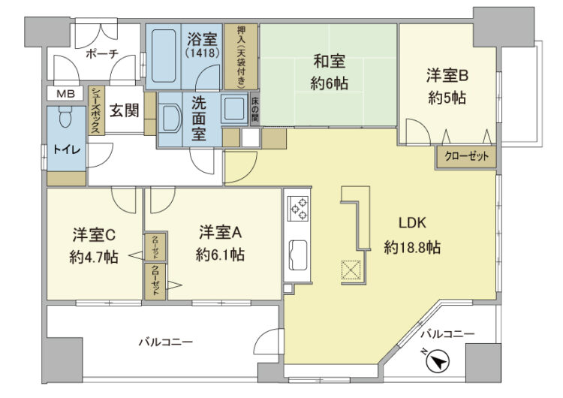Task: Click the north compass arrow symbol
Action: (x=438, y=363)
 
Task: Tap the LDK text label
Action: (x=412, y=223)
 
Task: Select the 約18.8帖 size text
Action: (x=412, y=246)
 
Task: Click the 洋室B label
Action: (x=448, y=75)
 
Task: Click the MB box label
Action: (x=66, y=93)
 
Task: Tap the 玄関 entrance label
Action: (x=125, y=110)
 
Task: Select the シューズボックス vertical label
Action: (x=96, y=110)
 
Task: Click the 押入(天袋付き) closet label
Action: (x=241, y=56)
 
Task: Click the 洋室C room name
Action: (x=93, y=234)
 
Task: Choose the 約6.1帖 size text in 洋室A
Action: (x=219, y=255)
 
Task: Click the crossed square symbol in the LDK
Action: (x=351, y=269)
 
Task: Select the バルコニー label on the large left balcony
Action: (x=164, y=342)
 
